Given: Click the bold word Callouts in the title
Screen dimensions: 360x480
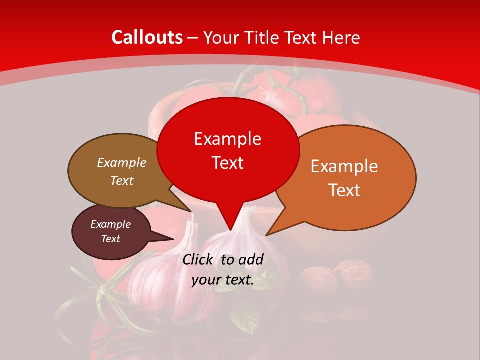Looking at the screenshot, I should point(147,37).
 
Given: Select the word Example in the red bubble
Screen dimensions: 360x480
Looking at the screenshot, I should point(227,139).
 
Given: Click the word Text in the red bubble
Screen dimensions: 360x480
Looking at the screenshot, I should point(227,163).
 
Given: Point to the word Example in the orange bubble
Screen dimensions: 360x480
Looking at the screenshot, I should point(344,166).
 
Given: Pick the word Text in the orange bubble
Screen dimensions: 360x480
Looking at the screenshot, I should point(344,190).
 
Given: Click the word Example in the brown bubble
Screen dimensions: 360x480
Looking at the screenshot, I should point(122,162).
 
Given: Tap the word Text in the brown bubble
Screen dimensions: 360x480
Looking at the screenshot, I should point(122,180).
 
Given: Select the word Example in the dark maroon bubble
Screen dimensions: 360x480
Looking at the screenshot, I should point(111,224).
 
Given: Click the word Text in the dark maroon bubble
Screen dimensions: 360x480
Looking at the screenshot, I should point(111,239).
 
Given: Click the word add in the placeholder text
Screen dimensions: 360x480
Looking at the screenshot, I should point(251,259).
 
